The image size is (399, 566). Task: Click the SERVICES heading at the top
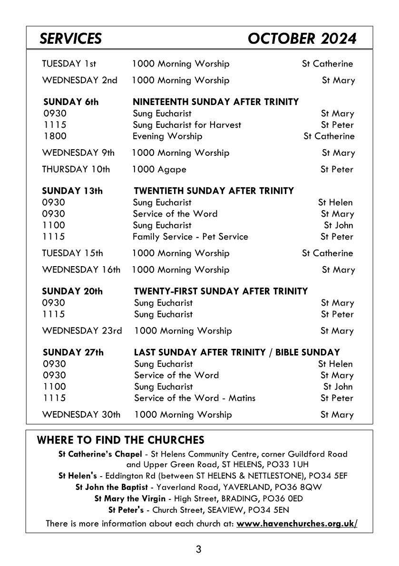70,38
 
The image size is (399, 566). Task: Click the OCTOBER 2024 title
302,38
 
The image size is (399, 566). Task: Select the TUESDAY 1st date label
69,64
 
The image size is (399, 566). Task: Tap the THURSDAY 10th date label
76,169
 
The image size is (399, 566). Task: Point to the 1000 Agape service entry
159,169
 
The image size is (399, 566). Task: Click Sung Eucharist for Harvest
187,125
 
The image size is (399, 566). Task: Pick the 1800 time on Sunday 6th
55,136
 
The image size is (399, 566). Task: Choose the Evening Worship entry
167,136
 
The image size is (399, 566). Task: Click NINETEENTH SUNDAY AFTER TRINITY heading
215,102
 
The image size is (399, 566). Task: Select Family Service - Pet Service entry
190,237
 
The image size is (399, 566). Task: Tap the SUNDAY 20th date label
72,291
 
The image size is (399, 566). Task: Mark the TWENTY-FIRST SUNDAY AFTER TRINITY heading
221,291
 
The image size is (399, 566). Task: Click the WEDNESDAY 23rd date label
82,331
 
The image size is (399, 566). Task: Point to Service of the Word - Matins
195,398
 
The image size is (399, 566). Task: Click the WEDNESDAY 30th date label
81,414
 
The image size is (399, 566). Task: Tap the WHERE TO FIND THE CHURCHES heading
120,440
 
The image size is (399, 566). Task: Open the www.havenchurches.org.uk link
297,524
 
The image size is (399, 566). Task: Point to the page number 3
199,550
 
